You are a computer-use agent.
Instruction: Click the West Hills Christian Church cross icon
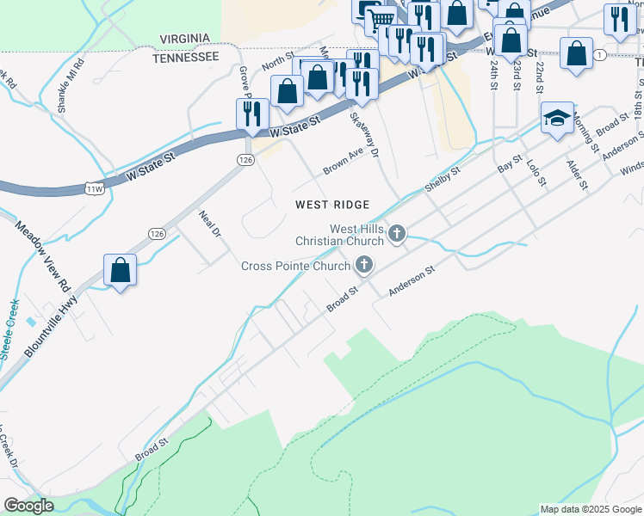point(397,233)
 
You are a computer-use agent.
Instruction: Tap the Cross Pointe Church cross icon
point(364,265)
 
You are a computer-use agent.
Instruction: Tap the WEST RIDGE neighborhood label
point(332,205)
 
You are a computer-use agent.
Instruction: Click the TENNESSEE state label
point(185,57)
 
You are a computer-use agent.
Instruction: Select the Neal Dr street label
point(210,224)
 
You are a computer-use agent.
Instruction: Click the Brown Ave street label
point(344,161)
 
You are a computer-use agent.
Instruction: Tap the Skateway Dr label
point(365,134)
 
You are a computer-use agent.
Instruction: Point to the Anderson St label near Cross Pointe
point(412,281)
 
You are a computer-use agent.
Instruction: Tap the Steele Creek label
point(9,329)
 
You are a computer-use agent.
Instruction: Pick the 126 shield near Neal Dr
point(156,233)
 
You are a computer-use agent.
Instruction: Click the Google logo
point(28,506)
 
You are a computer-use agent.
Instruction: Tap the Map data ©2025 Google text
point(590,509)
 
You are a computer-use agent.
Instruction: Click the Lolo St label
point(536,169)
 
